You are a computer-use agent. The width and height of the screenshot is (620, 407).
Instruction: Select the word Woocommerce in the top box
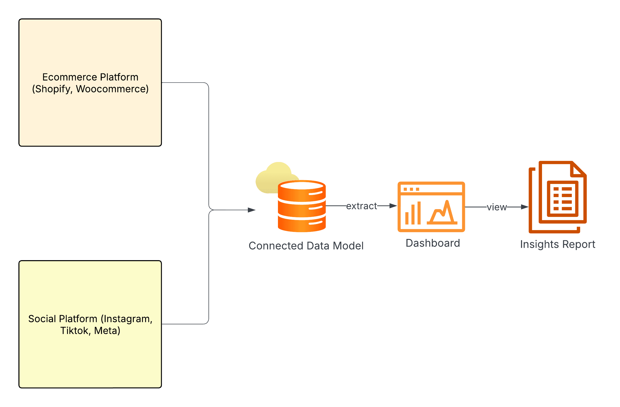coord(112,89)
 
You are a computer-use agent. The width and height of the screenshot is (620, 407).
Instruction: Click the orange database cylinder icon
coord(302,208)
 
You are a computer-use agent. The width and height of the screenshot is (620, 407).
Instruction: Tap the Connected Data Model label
coord(306,246)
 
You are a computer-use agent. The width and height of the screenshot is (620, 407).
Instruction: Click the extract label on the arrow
coord(361,206)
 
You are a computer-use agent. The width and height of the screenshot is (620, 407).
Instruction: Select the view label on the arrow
coord(497,207)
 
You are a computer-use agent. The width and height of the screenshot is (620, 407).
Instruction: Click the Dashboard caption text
coord(433,243)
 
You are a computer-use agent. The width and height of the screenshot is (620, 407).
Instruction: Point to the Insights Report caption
coord(557,244)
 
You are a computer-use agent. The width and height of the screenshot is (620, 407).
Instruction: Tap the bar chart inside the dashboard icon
coord(413,213)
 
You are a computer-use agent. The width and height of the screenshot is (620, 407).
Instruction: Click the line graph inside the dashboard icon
coord(442,213)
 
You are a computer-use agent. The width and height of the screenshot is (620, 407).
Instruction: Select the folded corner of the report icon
coord(578,170)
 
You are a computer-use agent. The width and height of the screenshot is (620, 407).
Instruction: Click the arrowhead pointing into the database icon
coord(252,210)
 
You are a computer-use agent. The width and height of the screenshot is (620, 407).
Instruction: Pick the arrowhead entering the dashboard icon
coord(393,206)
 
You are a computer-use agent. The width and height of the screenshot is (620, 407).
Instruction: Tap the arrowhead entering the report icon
coord(525,207)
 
